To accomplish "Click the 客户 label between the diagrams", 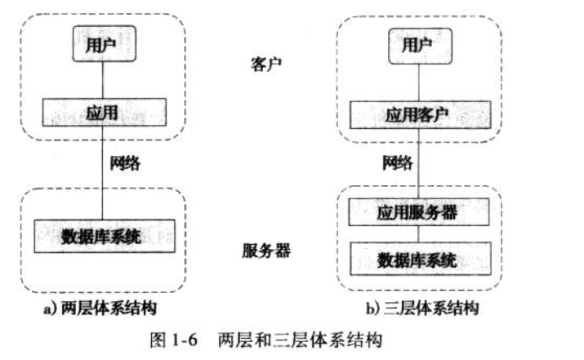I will (x=267, y=66).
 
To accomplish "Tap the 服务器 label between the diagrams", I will (x=267, y=250).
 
